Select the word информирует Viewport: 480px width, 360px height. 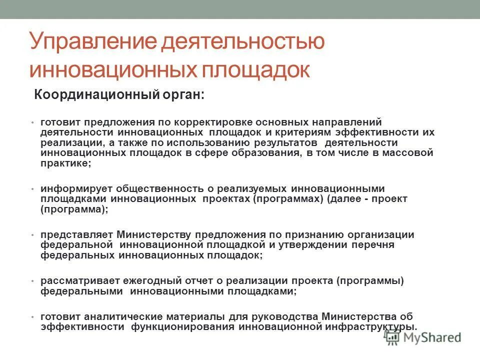tap(75, 189)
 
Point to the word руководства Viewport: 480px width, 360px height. tap(280, 316)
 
